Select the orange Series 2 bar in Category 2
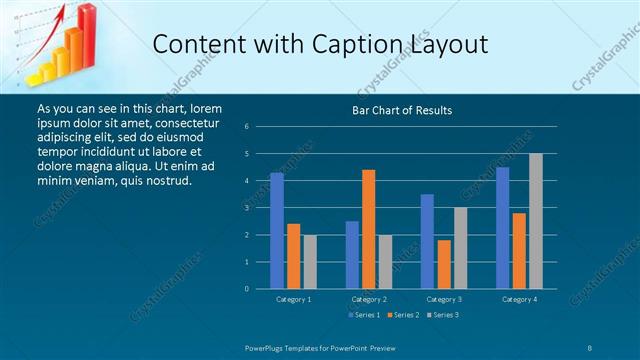coord(368,229)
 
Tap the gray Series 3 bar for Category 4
coord(536,221)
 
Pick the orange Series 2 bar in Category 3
coord(444,264)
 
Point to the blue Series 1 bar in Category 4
coord(503,227)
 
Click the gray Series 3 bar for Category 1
coord(309,261)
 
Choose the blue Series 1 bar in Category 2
coord(352,254)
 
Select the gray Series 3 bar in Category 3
coord(460,248)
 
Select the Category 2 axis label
coord(368,299)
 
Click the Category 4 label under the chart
coord(519,299)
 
